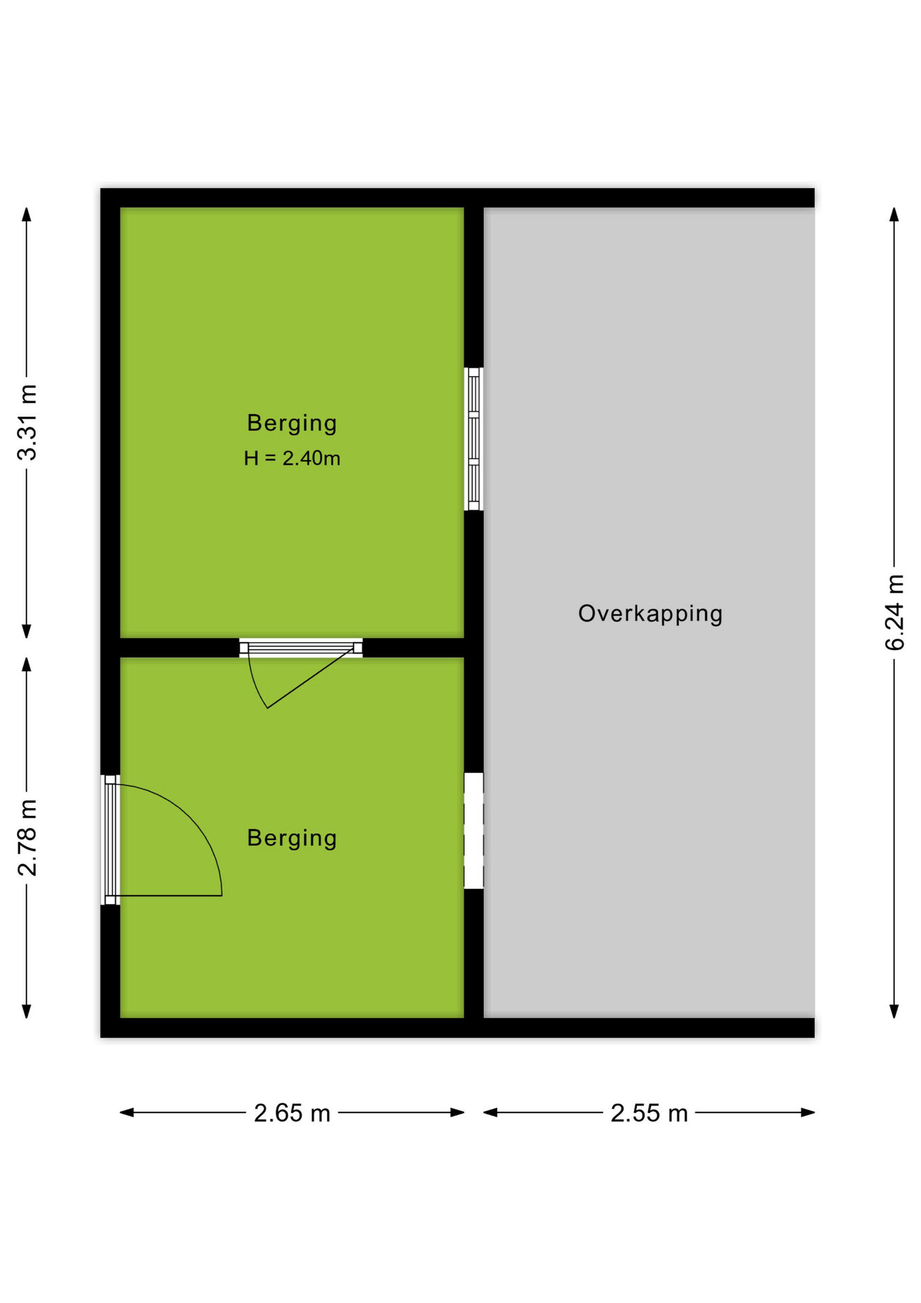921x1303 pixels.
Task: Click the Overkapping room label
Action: [650, 613]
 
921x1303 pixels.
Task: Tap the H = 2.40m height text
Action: [292, 459]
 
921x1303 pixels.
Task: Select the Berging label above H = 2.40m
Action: [292, 423]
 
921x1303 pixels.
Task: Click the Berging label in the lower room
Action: [292, 839]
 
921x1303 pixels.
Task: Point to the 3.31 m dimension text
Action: [27, 422]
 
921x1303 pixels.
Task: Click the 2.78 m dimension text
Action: [27, 837]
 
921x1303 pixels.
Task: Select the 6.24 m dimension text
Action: [895, 612]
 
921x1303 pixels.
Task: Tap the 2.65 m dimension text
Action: [292, 1113]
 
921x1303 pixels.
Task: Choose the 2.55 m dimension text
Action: [649, 1113]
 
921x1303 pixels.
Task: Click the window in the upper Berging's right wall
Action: [473, 439]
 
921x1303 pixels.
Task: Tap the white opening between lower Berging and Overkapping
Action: [473, 831]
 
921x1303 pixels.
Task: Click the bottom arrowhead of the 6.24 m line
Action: [894, 1011]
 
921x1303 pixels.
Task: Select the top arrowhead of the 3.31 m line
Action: [26, 214]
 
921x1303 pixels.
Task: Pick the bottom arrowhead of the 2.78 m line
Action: [26, 1011]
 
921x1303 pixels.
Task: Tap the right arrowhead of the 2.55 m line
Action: [807, 1112]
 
